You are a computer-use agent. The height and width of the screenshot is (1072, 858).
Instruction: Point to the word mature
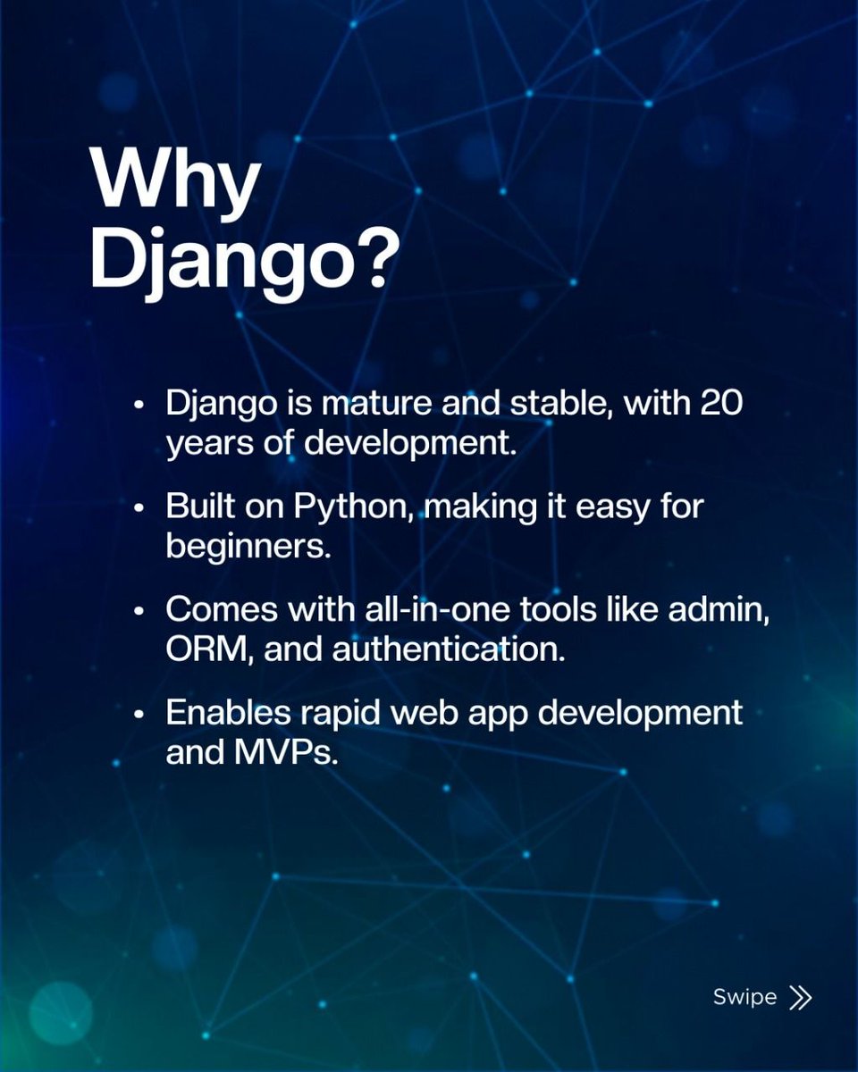(374, 404)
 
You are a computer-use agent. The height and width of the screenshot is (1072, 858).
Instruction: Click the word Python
(354, 508)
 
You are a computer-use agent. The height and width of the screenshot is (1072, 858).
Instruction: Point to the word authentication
(449, 649)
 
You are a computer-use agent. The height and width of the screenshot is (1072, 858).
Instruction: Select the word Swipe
(744, 997)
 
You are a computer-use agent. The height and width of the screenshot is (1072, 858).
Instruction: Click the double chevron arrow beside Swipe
(801, 998)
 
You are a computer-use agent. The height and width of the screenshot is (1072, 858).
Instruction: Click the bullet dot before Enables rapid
(139, 715)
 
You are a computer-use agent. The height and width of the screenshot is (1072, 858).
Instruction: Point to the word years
(210, 444)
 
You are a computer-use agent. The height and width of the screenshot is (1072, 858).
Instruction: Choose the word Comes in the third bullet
(223, 611)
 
